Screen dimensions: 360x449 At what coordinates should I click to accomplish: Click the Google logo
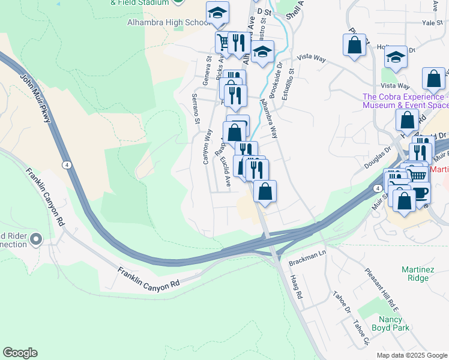click(x=20, y=353)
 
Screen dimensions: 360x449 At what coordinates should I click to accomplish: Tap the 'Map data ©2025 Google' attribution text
click(x=412, y=355)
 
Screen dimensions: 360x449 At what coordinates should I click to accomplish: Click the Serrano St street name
click(x=195, y=109)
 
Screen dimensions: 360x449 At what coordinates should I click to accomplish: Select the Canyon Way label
click(x=207, y=146)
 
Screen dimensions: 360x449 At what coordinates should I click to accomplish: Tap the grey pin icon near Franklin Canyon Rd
click(x=36, y=239)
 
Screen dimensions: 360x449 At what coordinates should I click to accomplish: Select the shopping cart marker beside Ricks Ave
click(x=224, y=41)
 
